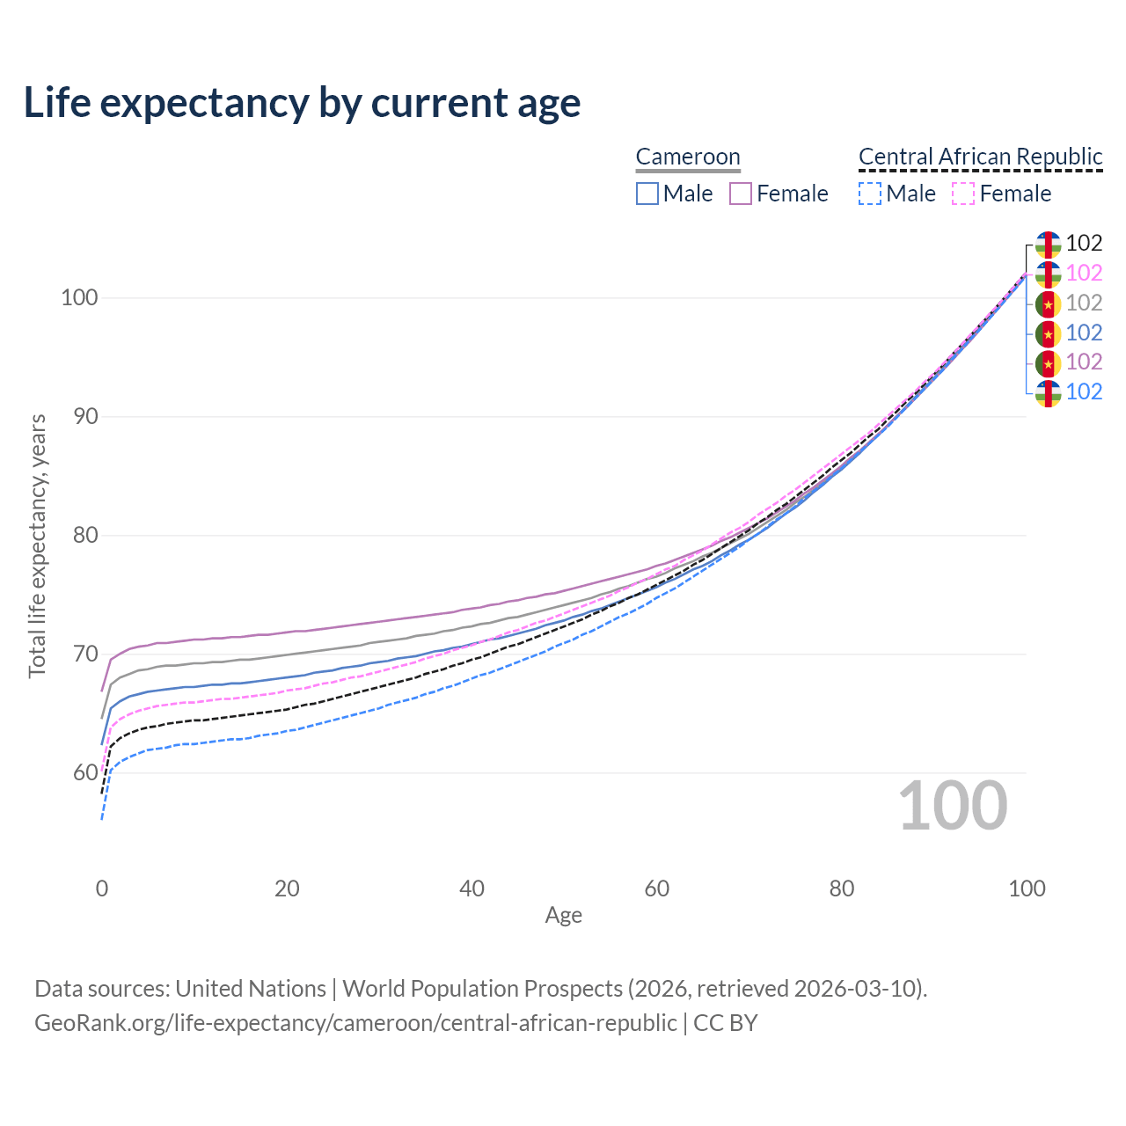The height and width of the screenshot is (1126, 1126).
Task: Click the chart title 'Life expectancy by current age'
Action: pos(302,103)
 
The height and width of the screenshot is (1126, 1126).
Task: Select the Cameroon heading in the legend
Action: pos(688,157)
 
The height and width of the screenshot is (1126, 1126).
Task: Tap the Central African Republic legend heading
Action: pos(980,157)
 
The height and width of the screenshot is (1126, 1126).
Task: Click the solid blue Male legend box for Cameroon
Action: pos(647,194)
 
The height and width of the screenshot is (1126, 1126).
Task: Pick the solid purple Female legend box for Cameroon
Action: pos(741,194)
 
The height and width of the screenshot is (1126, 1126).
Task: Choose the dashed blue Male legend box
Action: pos(869,194)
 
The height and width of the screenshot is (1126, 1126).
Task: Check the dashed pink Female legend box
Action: pos(963,194)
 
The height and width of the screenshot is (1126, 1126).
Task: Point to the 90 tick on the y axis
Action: pos(85,416)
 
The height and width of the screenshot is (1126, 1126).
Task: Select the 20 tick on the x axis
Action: pos(287,888)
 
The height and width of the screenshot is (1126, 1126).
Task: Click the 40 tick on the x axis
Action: pos(472,888)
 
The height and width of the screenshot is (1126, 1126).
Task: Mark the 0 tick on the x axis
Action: pos(102,888)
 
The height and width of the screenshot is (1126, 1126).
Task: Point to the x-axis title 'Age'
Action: pos(564,916)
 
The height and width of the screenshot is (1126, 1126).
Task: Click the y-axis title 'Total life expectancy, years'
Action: pos(37,545)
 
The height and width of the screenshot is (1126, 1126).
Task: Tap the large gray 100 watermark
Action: pos(953,806)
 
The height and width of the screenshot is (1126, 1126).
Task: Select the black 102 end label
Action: pos(1084,243)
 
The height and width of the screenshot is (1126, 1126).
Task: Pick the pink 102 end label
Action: pos(1084,273)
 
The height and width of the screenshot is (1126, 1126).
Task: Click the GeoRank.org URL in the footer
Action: pos(355,1023)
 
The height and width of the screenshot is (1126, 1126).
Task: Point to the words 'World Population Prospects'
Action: pos(482,989)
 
